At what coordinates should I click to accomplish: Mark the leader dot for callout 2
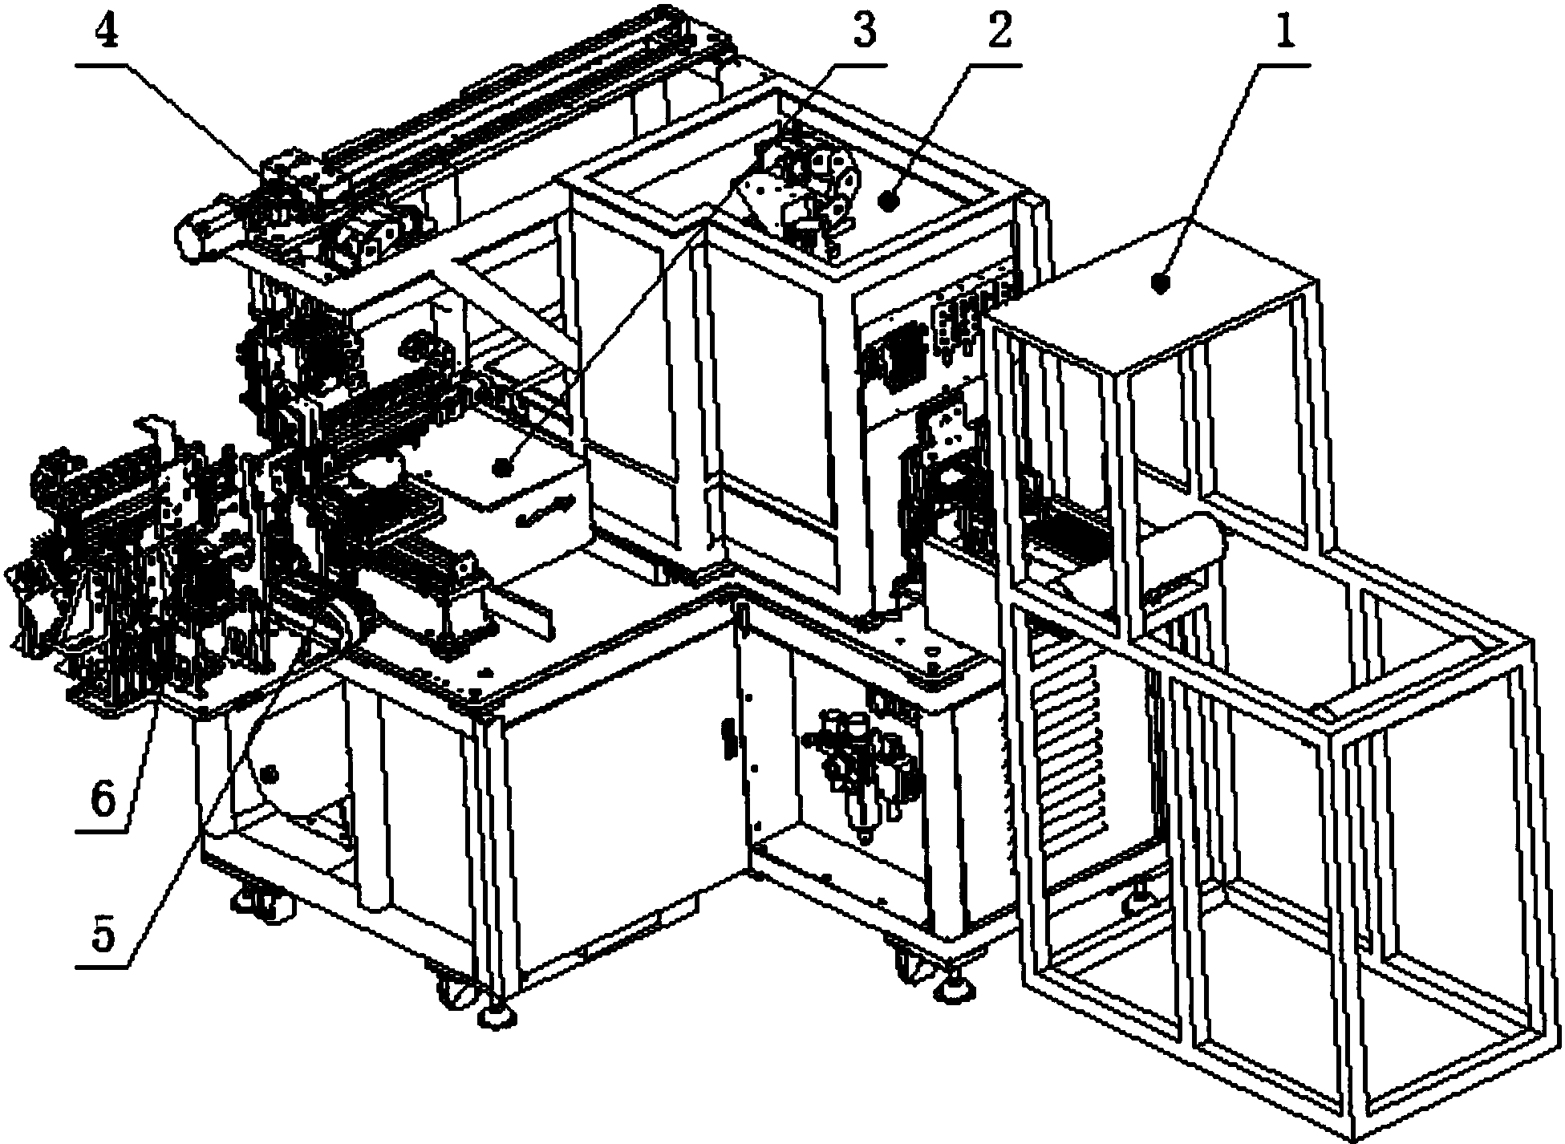pyautogui.click(x=888, y=202)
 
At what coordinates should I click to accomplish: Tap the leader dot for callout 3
pyautogui.click(x=502, y=464)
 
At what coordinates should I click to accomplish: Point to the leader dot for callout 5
pyautogui.click(x=270, y=774)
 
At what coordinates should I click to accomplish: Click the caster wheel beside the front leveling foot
pyautogui.click(x=452, y=992)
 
